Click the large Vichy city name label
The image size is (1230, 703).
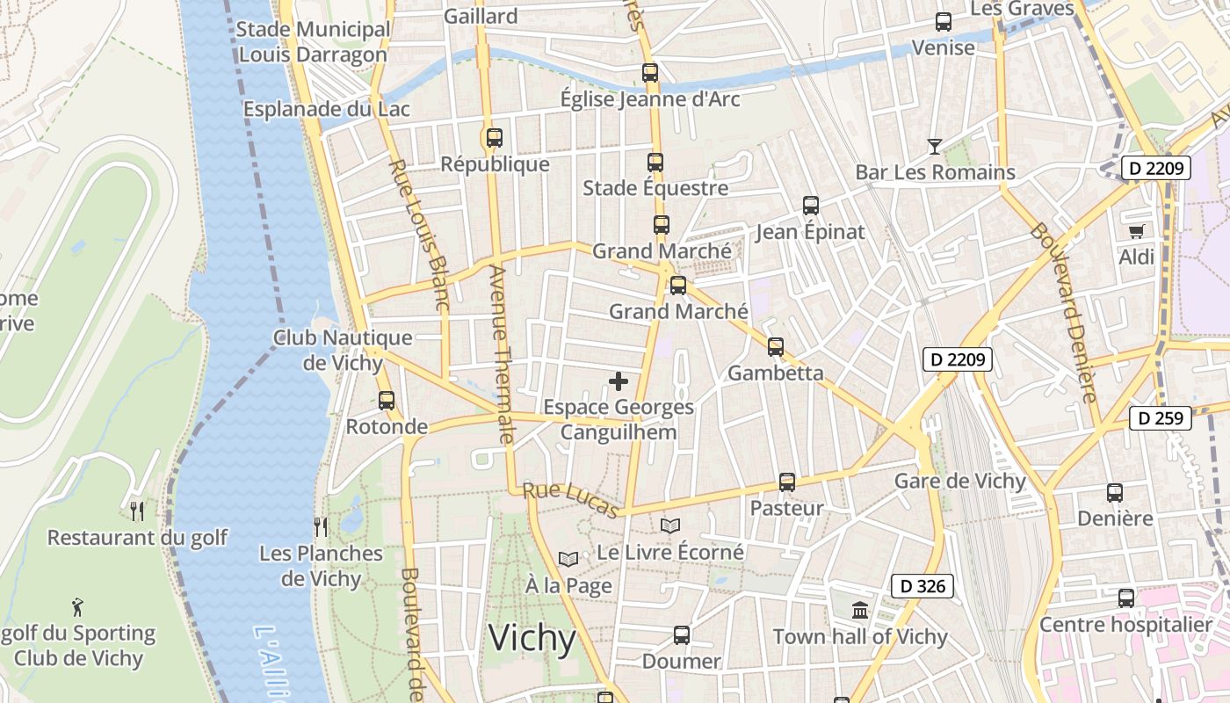(532, 639)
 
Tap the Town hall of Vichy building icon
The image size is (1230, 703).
(860, 610)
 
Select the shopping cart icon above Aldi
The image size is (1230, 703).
(1137, 231)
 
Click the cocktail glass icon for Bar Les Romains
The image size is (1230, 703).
(935, 146)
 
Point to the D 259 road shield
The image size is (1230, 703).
(1161, 418)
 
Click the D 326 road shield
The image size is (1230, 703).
(922, 586)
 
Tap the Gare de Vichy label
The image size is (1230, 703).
(959, 481)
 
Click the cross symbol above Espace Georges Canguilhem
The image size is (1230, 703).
(619, 381)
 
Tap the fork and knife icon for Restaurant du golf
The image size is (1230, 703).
(137, 511)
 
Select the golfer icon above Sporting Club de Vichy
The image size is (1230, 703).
(77, 606)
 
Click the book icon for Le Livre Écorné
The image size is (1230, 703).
(670, 525)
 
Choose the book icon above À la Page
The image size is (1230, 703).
(568, 559)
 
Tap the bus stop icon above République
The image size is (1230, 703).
(494, 137)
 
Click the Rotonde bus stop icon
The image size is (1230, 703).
(386, 401)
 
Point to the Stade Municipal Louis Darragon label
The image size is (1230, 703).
(313, 42)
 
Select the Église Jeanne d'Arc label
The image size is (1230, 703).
(650, 99)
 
